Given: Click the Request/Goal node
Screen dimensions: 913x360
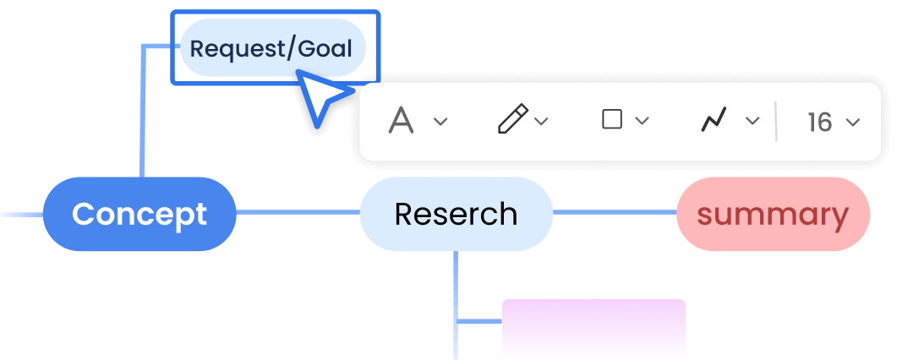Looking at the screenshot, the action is pos(272,48).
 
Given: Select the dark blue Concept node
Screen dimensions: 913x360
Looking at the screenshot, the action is pos(139,214).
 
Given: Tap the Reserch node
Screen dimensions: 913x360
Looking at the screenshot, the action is pos(456,214).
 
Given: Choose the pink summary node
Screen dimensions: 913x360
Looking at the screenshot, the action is pos(773,214).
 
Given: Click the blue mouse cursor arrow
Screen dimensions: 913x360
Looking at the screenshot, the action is pos(322,97).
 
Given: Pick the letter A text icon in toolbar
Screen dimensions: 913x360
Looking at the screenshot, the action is pos(401,121).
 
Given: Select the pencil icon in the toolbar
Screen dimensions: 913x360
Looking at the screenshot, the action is pos(512,119).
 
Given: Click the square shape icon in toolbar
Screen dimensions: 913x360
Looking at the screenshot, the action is pos(612,119).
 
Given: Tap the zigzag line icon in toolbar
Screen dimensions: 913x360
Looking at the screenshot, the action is pos(713,120).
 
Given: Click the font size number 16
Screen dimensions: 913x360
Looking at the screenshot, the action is pos(820,122).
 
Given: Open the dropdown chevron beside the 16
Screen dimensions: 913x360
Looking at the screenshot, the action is pos(853,122).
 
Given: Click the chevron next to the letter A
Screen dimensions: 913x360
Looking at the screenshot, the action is pos(440,121).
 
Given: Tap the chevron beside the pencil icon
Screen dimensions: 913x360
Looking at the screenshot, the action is pos(542,121).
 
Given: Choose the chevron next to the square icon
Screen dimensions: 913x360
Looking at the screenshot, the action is pos(642,121).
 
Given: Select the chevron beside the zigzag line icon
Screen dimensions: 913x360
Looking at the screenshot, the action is pos(753,121).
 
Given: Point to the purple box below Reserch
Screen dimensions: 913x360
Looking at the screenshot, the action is pos(593,329).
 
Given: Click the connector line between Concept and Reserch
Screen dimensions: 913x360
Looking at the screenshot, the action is pos(298,212).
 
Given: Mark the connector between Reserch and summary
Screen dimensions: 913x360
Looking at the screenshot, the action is pos(615,212).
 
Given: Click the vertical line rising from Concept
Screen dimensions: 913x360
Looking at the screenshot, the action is pos(142,112).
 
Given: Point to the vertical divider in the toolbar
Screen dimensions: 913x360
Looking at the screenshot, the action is pos(776,121).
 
